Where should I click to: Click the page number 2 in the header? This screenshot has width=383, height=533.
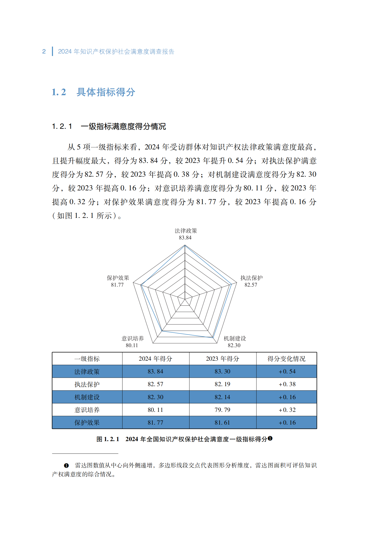click(44, 52)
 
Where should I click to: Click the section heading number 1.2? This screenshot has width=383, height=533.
click(59, 92)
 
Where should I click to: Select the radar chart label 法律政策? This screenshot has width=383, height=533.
click(186, 231)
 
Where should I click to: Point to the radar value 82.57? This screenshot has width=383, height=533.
click(251, 285)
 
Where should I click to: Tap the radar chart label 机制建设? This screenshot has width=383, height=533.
click(235, 339)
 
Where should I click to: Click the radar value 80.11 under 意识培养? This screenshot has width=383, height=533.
click(132, 345)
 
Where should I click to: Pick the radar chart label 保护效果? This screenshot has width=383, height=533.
click(118, 278)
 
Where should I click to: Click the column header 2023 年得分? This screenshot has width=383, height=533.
click(223, 359)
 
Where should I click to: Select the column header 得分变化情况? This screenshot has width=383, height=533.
click(286, 359)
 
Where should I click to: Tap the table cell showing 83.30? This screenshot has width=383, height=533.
click(222, 372)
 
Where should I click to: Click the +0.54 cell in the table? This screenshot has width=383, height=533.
click(287, 372)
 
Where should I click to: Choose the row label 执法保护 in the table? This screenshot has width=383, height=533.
click(87, 384)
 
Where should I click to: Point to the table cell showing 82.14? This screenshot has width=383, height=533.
click(222, 397)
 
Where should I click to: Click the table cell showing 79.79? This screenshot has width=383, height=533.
click(222, 410)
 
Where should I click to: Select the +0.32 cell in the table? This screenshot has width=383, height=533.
click(287, 410)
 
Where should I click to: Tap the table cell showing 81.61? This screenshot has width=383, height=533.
click(222, 423)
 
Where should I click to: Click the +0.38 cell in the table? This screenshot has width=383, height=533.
click(287, 384)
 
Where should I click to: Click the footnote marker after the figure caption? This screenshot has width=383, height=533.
click(270, 438)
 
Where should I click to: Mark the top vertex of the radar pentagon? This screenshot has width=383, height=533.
click(185, 245)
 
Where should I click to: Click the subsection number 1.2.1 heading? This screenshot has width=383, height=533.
click(62, 127)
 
